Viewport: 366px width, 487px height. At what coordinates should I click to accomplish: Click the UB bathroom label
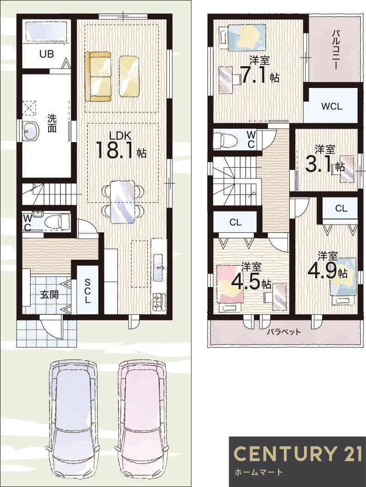(x=46, y=54)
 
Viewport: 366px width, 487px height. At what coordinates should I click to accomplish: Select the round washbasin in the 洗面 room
(x=31, y=131)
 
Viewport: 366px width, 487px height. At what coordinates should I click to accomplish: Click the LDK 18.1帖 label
(x=121, y=145)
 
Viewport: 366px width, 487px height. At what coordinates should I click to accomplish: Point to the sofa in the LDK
(x=98, y=76)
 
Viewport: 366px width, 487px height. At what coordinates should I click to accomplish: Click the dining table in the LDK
(x=122, y=201)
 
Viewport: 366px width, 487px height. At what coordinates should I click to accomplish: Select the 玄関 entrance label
(x=48, y=294)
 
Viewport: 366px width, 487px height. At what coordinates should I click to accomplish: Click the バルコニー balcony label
(x=337, y=50)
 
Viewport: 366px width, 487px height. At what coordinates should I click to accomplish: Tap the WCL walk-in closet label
(x=331, y=106)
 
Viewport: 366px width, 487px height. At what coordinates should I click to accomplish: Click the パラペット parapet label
(x=283, y=332)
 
